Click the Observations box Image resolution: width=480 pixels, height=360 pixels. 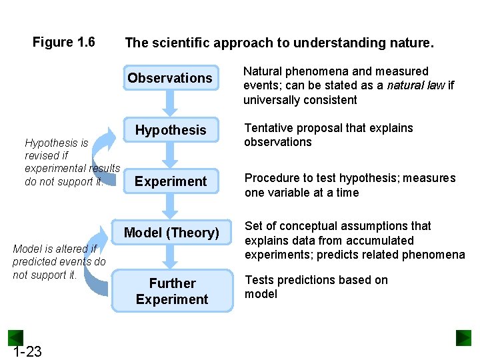point(170,78)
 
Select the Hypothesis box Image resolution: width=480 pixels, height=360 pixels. point(171,130)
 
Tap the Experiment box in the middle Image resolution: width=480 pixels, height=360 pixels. point(171,181)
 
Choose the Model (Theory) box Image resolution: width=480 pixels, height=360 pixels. point(171,233)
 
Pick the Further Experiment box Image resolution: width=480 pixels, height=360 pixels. point(172,291)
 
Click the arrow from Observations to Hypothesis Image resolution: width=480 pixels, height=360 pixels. point(171,103)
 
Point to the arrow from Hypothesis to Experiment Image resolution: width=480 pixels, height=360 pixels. point(171,156)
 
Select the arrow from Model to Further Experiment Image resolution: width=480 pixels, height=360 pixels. point(171,257)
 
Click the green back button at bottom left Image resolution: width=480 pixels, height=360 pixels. point(15,337)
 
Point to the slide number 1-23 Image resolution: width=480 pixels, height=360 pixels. point(27,351)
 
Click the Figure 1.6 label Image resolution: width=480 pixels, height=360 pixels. point(64,43)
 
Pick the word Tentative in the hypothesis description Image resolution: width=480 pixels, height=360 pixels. point(269,128)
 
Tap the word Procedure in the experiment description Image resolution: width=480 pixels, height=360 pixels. point(271,178)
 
